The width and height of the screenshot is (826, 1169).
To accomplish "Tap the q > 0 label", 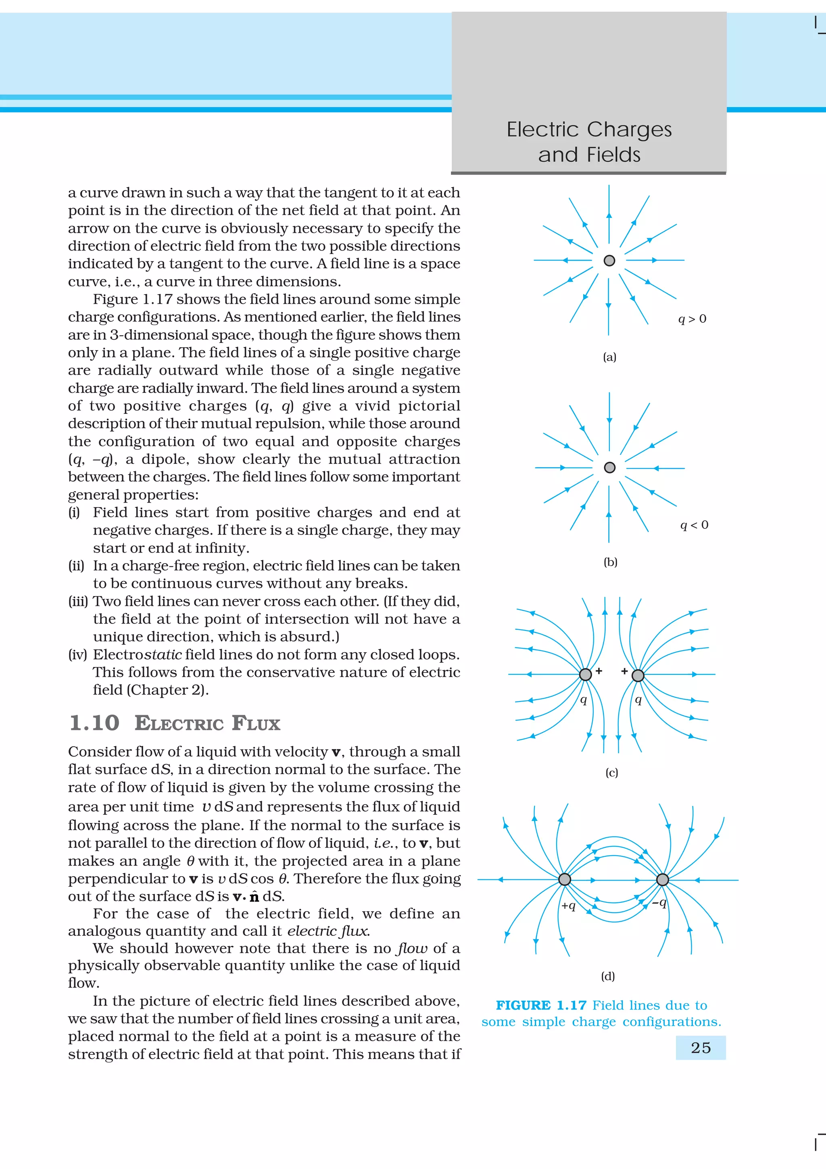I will [692, 319].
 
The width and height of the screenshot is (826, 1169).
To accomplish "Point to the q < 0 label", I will [694, 525].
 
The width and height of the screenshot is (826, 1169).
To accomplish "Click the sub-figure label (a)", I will [609, 357].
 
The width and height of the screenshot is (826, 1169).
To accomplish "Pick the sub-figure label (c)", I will [611, 772].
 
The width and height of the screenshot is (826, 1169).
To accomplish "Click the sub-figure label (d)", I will [608, 976].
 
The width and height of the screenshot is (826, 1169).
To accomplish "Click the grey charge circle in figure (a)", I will [609, 261].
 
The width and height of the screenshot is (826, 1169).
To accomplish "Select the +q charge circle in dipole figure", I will [564, 879].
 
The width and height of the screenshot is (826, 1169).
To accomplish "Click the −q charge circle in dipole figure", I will [662, 879].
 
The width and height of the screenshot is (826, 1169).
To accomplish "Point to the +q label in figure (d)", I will [568, 906].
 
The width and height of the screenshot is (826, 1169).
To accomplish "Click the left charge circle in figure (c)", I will [585, 674].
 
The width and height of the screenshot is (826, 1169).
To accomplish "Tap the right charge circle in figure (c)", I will [638, 676].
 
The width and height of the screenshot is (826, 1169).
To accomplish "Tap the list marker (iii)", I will [78, 601].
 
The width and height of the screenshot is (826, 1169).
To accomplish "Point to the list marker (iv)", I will [78, 655].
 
